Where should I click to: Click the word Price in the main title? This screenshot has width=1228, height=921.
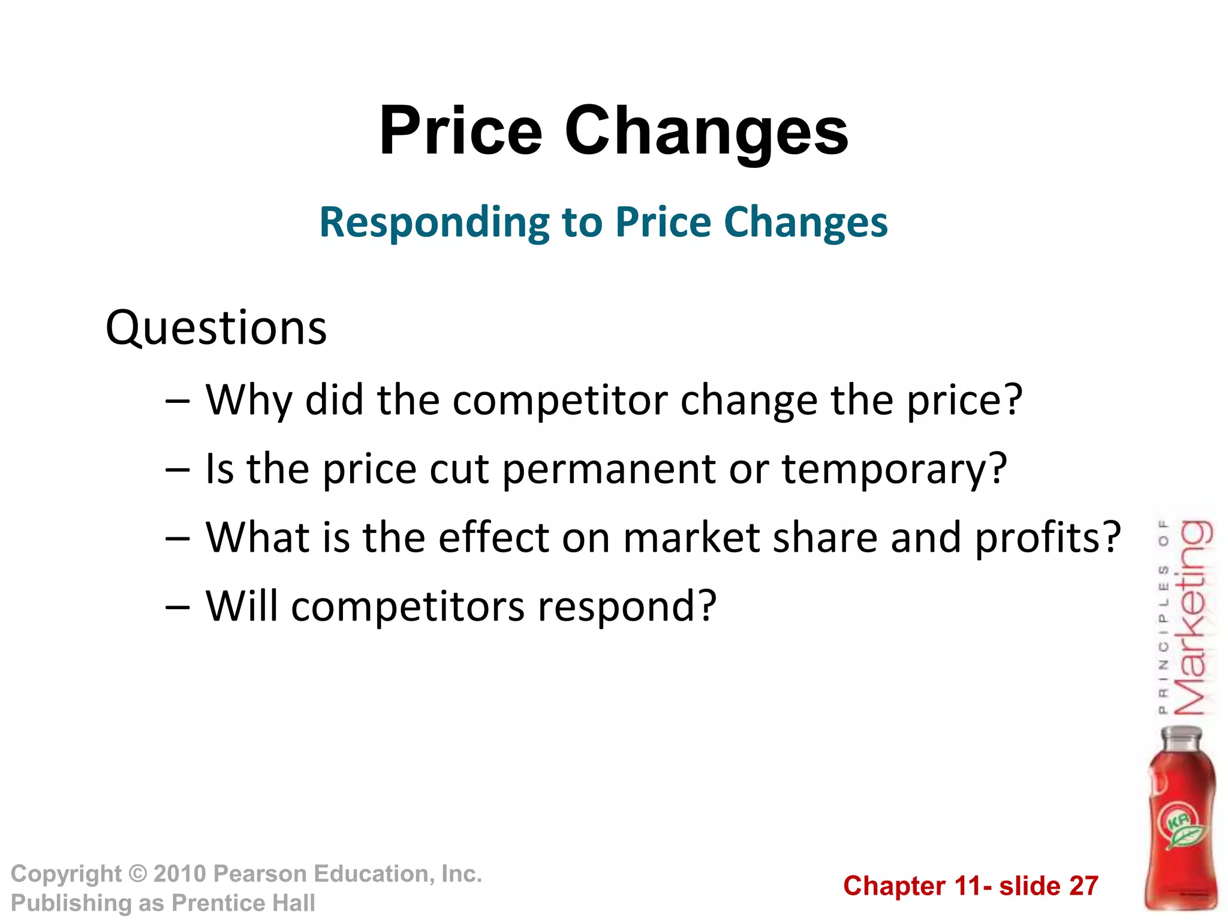coord(460,131)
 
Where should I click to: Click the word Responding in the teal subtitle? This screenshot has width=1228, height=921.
coord(434,222)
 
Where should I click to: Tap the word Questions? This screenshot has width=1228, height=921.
coord(216,328)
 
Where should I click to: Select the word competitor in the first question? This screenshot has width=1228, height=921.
coord(560,400)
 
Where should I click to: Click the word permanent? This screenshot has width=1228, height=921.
coord(609,469)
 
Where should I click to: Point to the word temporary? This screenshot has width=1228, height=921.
coord(894,469)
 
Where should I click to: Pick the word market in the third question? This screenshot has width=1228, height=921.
coord(692,537)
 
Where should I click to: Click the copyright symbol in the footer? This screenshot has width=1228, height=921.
coord(138,874)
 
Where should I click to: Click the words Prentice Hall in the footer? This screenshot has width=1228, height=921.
coord(243,903)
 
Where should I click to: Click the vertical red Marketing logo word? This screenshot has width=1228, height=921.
coord(1192,618)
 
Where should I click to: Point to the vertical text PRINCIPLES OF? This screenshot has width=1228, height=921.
coord(1163,618)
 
